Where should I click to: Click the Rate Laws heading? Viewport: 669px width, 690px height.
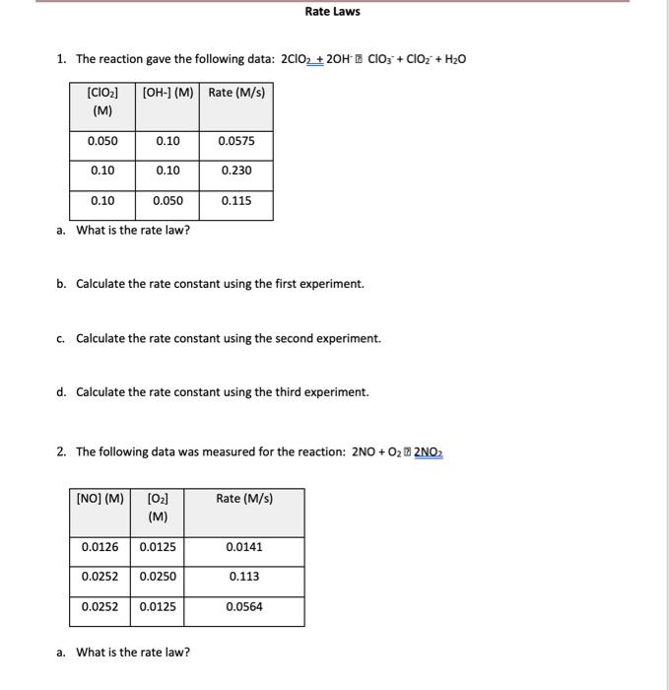(332, 12)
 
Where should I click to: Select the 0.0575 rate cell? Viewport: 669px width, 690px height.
(236, 141)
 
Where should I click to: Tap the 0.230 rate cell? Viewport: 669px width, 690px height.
(236, 171)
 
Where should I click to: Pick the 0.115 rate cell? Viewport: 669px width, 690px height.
(236, 201)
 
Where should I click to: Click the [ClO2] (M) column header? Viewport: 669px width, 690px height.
(102, 101)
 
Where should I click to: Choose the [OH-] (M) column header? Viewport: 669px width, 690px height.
(167, 93)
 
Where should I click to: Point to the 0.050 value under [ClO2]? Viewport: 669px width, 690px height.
(102, 141)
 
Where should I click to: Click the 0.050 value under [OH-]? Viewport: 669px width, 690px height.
(167, 201)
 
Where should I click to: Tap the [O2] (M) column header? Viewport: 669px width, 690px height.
(158, 507)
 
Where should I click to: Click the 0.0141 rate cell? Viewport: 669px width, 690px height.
(244, 546)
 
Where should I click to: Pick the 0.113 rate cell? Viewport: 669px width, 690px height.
(244, 577)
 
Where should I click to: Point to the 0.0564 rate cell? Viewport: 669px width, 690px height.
(244, 607)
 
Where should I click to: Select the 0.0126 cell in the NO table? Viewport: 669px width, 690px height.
(100, 546)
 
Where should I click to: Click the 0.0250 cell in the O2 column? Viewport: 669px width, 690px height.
(158, 577)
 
